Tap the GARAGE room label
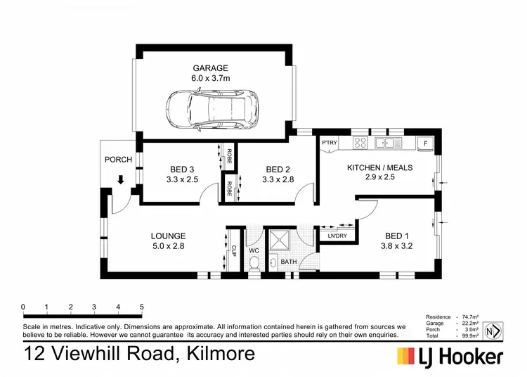(x=211, y=68)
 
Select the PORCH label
(x=118, y=160)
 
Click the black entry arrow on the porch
(x=121, y=180)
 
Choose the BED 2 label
(x=277, y=169)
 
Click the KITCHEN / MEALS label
(x=379, y=168)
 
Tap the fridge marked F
(x=424, y=143)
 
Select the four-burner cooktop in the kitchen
(x=360, y=143)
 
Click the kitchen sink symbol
(x=387, y=143)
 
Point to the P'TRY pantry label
(x=330, y=143)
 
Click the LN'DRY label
(x=337, y=236)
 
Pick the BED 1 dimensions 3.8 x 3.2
(x=394, y=247)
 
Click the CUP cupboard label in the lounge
(x=233, y=249)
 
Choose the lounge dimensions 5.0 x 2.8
(x=168, y=247)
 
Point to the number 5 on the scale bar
(x=142, y=307)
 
